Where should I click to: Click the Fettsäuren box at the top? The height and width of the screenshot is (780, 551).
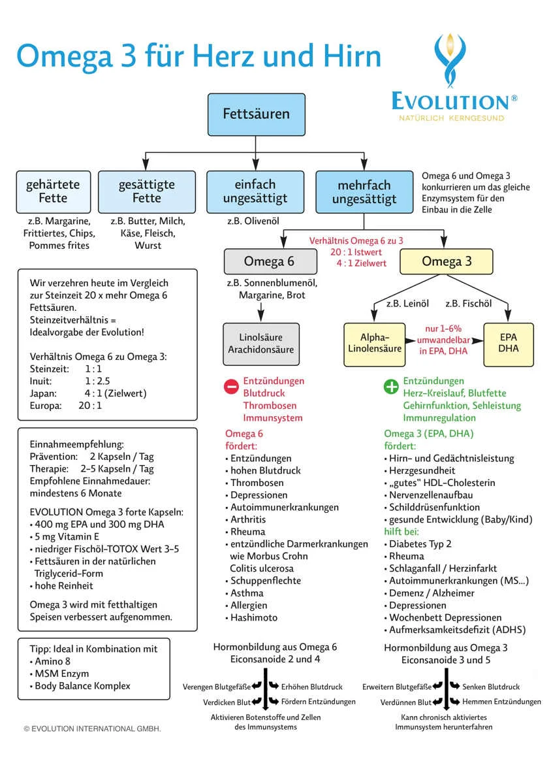pyautogui.click(x=256, y=114)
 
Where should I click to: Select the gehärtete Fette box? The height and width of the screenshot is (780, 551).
pyautogui.click(x=54, y=192)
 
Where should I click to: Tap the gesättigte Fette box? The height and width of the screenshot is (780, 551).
pyautogui.click(x=147, y=192)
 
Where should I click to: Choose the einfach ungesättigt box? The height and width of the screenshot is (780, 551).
pyautogui.click(x=255, y=192)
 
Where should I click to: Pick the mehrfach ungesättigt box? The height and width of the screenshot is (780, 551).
pyautogui.click(x=364, y=192)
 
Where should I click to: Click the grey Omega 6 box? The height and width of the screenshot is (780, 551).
pyautogui.click(x=270, y=262)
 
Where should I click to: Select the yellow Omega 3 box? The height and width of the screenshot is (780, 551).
pyautogui.click(x=447, y=262)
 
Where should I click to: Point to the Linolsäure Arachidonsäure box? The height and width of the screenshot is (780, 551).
pyautogui.click(x=261, y=344)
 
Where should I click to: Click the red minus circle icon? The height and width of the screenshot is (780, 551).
pyautogui.click(x=231, y=387)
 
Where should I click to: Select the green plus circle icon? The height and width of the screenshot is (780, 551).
pyautogui.click(x=391, y=387)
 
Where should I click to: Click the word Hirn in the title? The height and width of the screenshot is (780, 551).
pyautogui.click(x=352, y=56)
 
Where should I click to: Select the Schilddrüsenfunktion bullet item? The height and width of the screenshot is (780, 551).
pyautogui.click(x=432, y=508)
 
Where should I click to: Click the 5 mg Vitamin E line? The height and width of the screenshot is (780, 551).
pyautogui.click(x=65, y=537)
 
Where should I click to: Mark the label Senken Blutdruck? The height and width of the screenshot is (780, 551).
pyautogui.click(x=491, y=687)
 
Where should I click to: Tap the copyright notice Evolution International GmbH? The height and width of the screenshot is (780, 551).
pyautogui.click(x=93, y=729)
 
